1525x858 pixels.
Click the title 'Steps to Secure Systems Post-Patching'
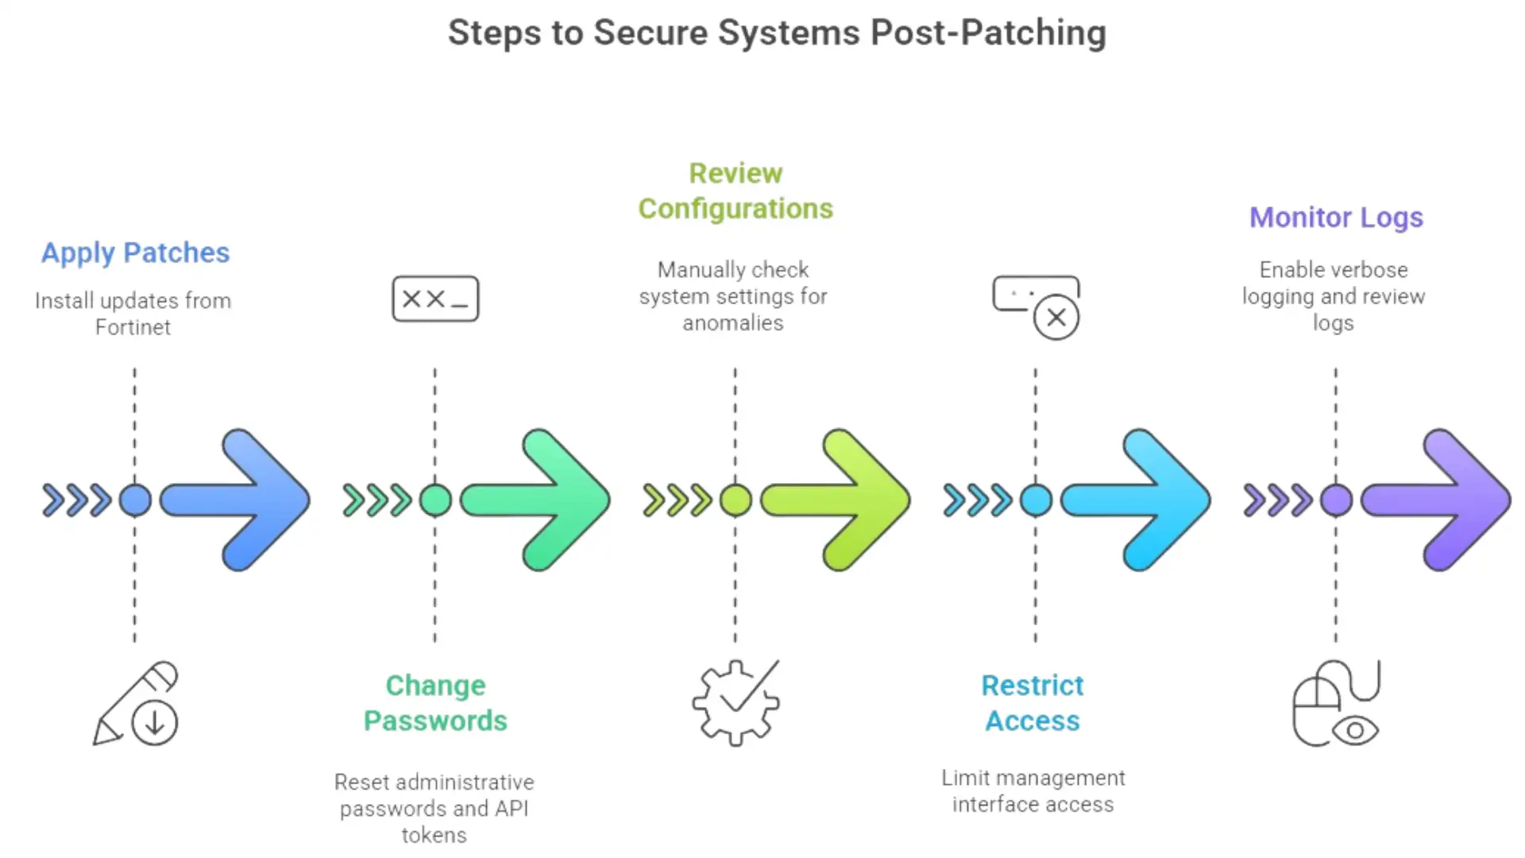[777, 33]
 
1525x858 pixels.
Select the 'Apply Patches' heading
[135, 253]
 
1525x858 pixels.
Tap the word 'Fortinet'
[133, 327]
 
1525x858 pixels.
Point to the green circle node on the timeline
[435, 500]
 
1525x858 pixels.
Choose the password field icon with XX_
[435, 299]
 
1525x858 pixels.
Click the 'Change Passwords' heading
[435, 703]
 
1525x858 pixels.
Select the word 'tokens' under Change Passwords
[434, 835]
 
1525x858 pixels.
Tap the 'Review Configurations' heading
[735, 191]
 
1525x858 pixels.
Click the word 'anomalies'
[732, 323]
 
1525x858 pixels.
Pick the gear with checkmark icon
[735, 703]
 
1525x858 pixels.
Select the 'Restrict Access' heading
[1033, 703]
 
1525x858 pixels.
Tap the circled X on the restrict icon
[1056, 318]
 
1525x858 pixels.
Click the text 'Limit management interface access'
[1033, 791]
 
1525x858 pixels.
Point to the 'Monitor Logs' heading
[1336, 218]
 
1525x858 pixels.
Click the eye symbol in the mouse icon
[1355, 729]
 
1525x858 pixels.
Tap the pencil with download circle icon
[135, 703]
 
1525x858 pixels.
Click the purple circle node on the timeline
[1336, 500]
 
